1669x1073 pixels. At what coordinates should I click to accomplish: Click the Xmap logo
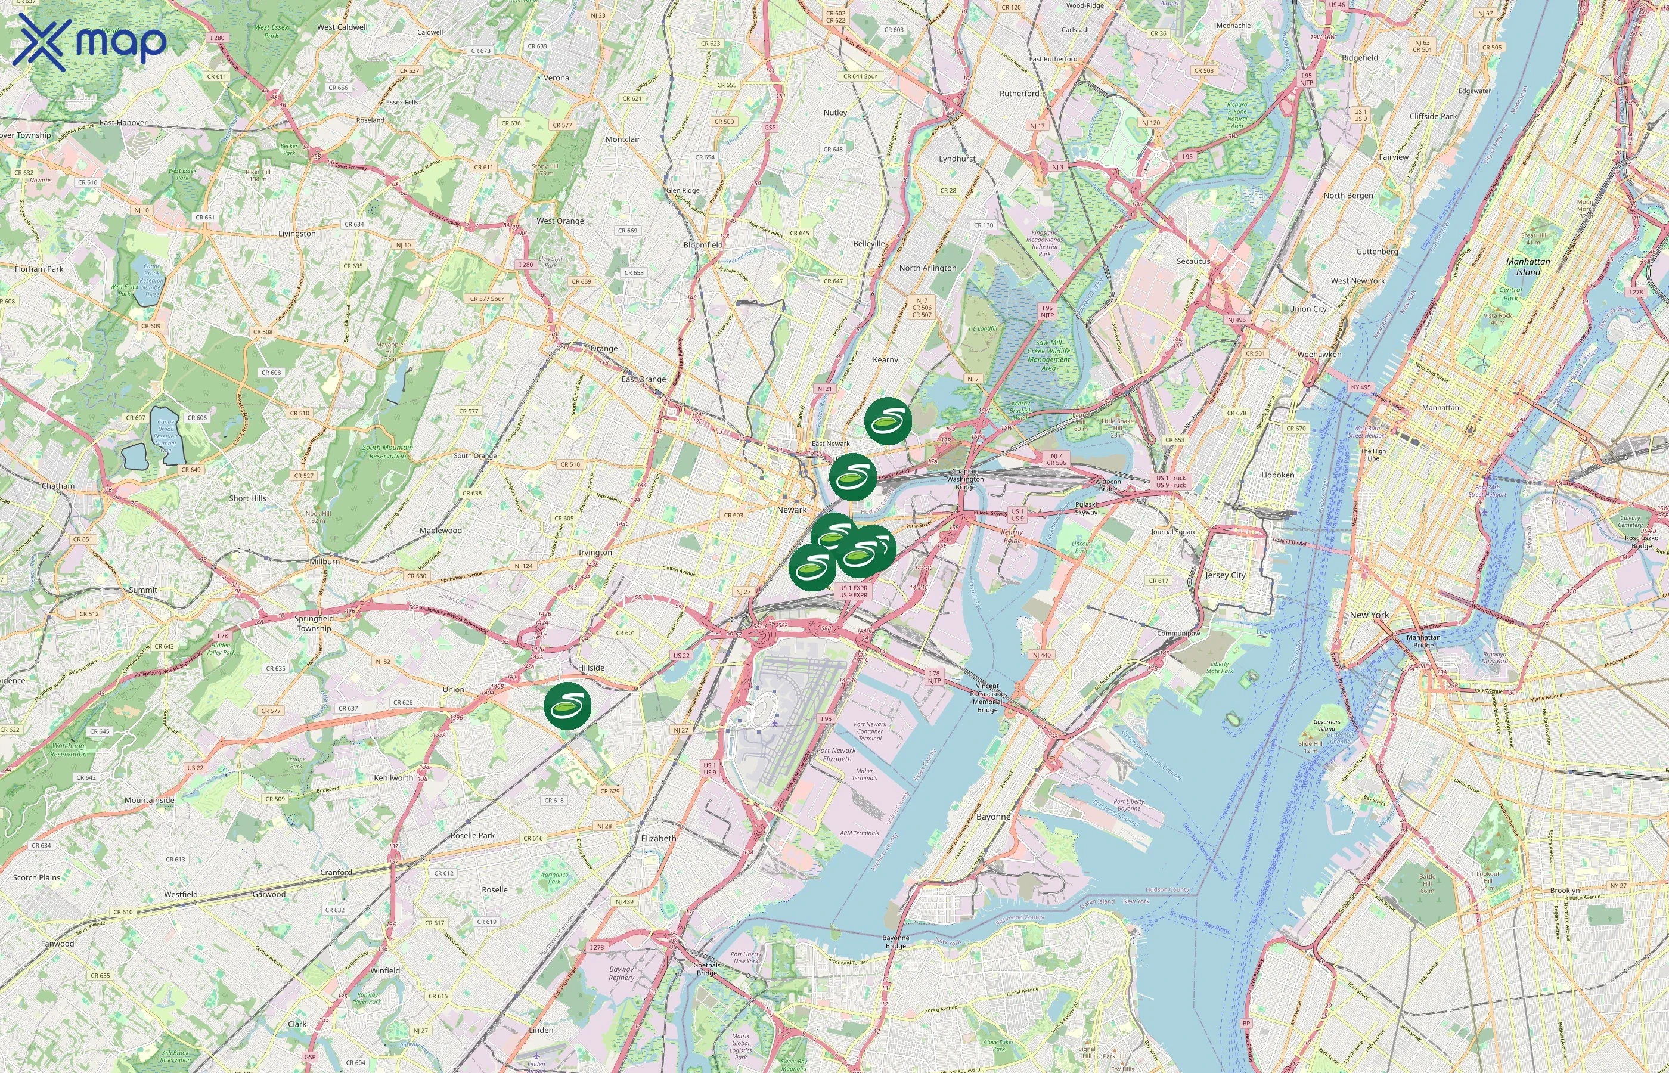tap(90, 42)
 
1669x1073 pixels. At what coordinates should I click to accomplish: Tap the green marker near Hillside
tap(567, 706)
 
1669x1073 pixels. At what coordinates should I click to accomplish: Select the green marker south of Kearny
tap(888, 421)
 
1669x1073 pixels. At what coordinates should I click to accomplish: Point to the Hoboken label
tap(1277, 475)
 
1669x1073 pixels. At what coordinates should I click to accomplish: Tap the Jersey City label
tap(1226, 575)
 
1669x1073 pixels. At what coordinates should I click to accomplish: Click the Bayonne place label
tap(992, 817)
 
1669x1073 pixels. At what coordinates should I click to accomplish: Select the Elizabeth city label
tap(658, 838)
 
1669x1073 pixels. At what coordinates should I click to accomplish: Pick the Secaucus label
tap(1193, 261)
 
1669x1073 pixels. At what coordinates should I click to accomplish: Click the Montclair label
tap(622, 139)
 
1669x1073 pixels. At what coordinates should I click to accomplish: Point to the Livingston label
tap(297, 234)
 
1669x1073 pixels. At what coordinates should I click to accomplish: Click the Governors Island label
tap(1326, 726)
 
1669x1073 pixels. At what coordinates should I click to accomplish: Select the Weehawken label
tap(1319, 355)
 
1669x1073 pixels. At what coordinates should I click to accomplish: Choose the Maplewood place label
tap(440, 530)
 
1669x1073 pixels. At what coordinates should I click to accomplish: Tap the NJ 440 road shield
tap(1041, 655)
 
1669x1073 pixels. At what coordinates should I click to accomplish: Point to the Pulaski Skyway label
tap(1085, 508)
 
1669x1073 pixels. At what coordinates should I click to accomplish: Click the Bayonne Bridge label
tap(895, 942)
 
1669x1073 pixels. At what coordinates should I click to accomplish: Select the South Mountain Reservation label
tap(387, 451)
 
